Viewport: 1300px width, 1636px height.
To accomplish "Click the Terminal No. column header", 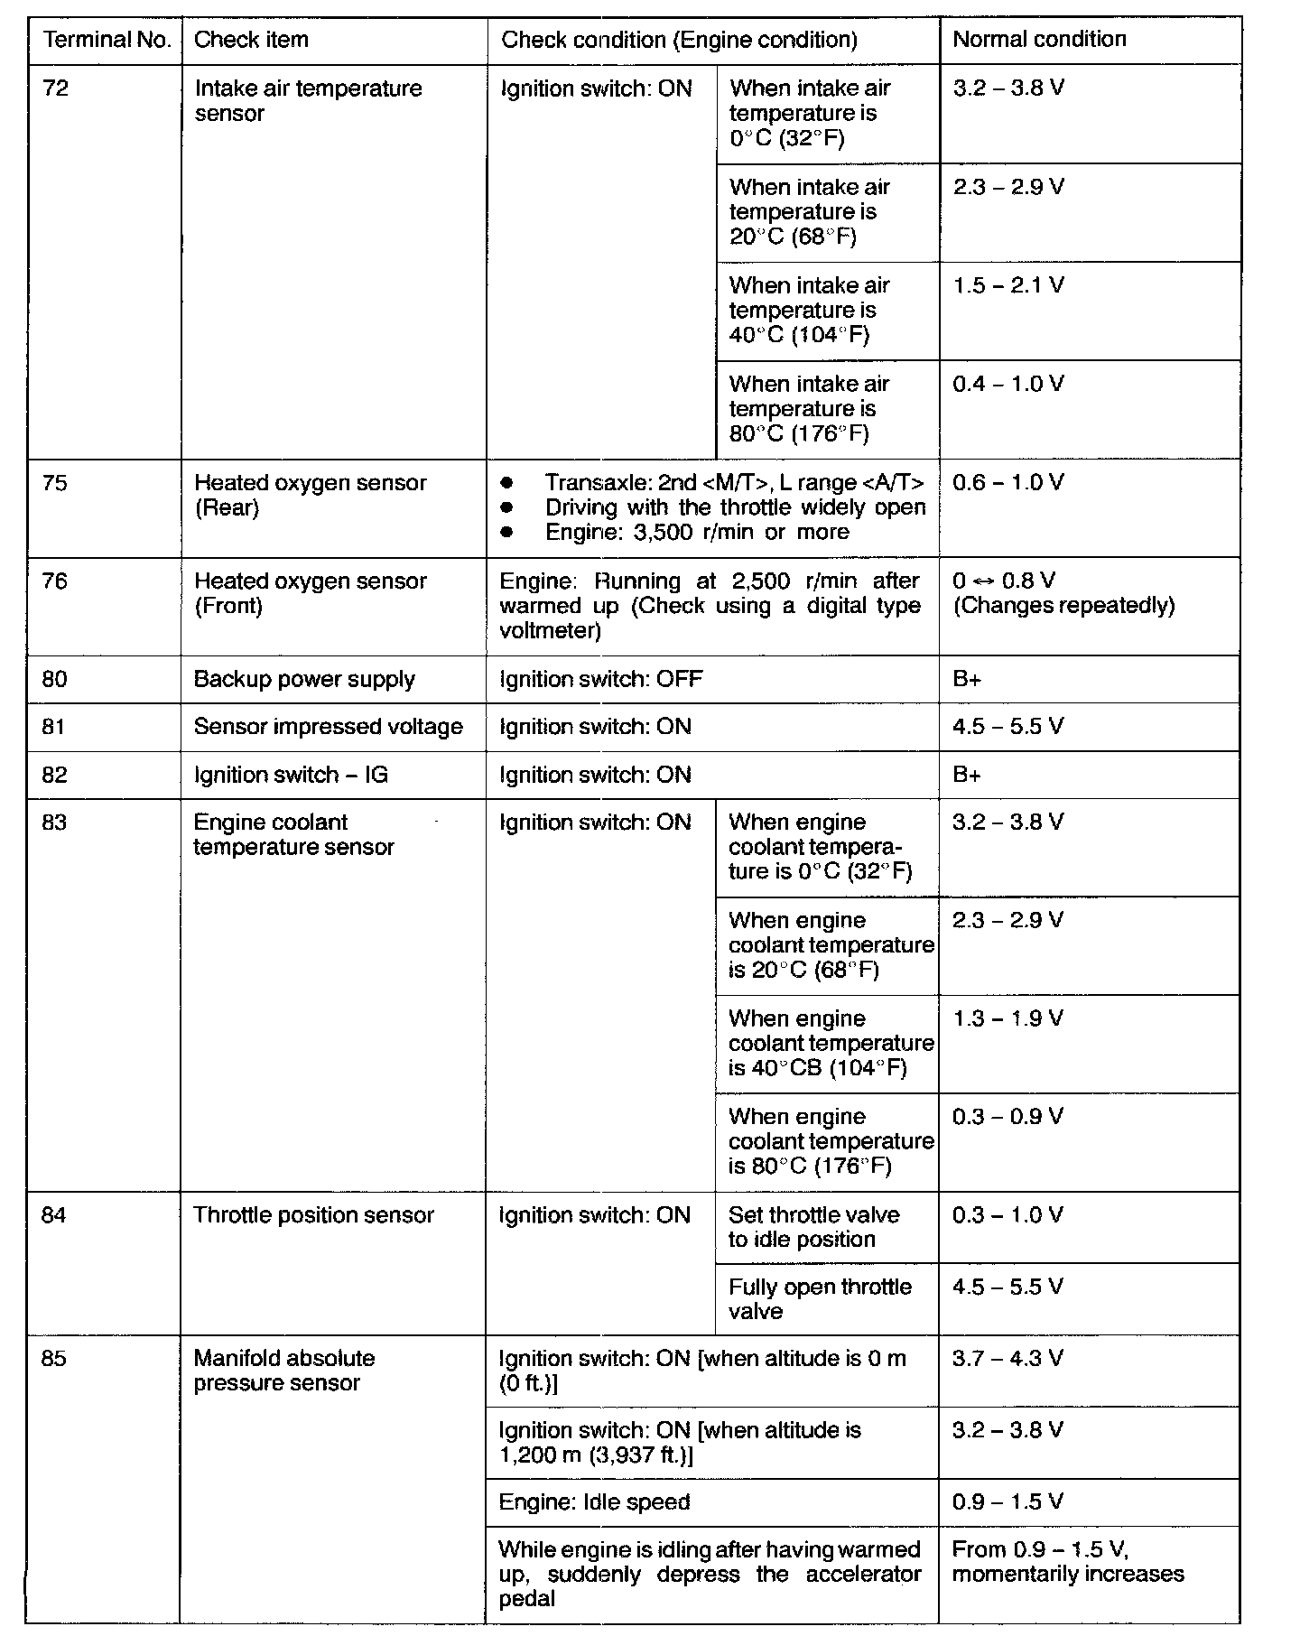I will coord(107,40).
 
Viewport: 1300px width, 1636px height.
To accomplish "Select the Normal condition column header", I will coord(1039,39).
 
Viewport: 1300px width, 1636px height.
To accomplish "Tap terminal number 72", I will coord(56,88).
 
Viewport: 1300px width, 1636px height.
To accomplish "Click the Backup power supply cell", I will coord(304,679).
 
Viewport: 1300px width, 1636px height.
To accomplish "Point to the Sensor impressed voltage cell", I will coord(329,727).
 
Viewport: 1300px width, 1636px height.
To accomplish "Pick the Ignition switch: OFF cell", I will coord(600,679).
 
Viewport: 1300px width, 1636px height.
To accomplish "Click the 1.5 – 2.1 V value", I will coord(1008,285).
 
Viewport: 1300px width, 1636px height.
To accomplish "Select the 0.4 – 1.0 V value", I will coord(1008,384).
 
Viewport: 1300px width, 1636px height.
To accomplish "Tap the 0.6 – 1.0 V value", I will coord(1008,482).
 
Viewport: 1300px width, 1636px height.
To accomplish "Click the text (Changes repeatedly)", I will coord(1063,605).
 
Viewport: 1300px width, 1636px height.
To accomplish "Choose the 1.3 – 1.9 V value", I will coord(1007,1018).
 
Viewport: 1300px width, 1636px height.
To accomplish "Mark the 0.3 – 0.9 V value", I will coord(1007,1117).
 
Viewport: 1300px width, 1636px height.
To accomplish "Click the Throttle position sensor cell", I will coord(313,1215).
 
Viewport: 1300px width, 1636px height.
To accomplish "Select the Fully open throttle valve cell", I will coord(820,1298).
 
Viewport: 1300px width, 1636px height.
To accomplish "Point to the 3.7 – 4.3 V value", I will coord(1007,1358).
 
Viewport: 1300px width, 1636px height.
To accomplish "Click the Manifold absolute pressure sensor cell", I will coord(283,1371).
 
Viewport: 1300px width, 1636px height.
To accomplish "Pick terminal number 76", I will coord(55,581).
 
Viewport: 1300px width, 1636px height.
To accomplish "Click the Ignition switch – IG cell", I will coord(291,775).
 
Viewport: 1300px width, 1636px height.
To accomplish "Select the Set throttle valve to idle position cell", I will coord(813,1227).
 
